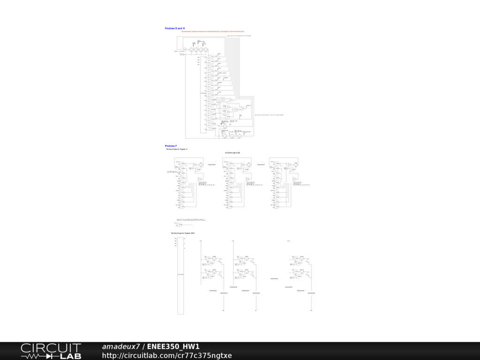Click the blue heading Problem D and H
(174, 29)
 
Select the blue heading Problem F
(171, 146)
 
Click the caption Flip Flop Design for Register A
(177, 149)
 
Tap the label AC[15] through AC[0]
(232, 153)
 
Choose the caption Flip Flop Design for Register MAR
(183, 233)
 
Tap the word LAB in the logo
(71, 356)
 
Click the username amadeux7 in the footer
(121, 347)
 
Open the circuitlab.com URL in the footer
(167, 355)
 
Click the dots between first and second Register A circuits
(212, 165)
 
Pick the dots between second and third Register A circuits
(262, 165)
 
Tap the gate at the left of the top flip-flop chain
(186, 49)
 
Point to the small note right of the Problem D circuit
(269, 114)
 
